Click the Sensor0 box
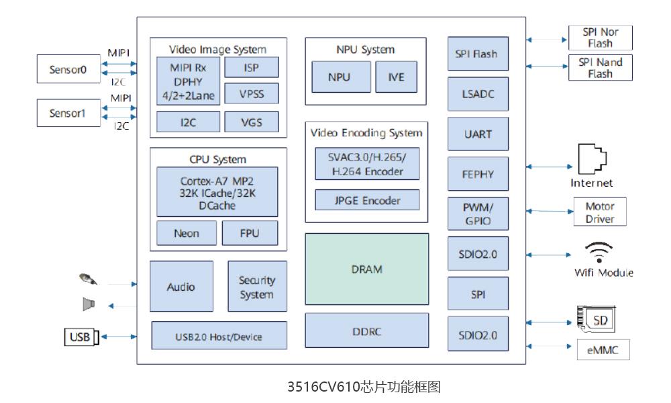pyautogui.click(x=68, y=70)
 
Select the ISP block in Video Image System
pyautogui.click(x=251, y=68)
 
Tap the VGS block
pyautogui.click(x=251, y=122)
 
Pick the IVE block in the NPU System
pyautogui.click(x=396, y=77)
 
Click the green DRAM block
pyautogui.click(x=367, y=269)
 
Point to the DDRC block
pyautogui.click(x=367, y=330)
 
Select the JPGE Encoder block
pyautogui.click(x=367, y=201)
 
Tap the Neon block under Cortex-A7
pyautogui.click(x=187, y=233)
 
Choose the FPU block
pyautogui.click(x=250, y=233)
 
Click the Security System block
pyautogui.click(x=257, y=287)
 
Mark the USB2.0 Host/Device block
pyautogui.click(x=219, y=336)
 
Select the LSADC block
pyautogui.click(x=478, y=94)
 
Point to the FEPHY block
pyautogui.click(x=478, y=174)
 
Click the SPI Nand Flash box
pyautogui.click(x=600, y=68)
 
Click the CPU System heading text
pyautogui.click(x=218, y=160)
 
